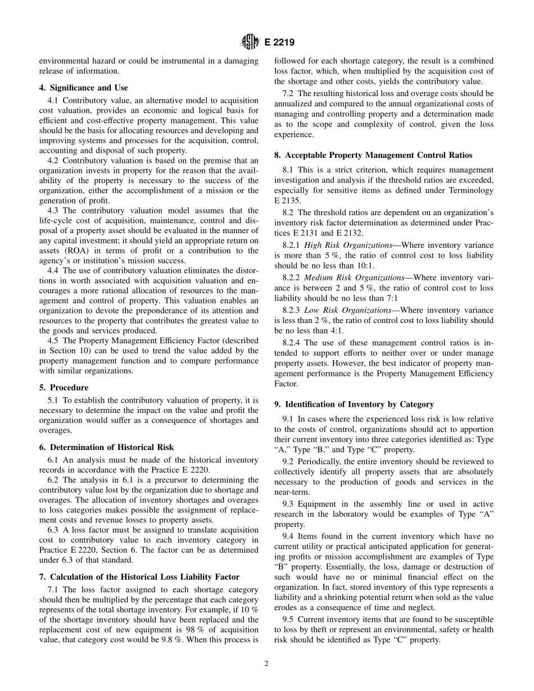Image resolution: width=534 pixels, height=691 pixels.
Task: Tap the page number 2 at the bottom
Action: point(266,663)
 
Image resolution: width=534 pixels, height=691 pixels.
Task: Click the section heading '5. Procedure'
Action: point(64,388)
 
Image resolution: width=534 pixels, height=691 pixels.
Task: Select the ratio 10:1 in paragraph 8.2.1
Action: point(364,266)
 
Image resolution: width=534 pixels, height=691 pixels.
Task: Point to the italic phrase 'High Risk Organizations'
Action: point(348,245)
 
